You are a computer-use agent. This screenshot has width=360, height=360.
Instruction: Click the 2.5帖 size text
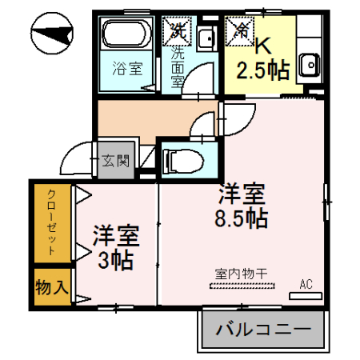pyautogui.click(x=262, y=70)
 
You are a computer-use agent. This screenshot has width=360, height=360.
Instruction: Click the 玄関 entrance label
pyautogui.click(x=117, y=161)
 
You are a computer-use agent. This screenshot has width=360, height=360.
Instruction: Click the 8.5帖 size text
pyautogui.click(x=240, y=218)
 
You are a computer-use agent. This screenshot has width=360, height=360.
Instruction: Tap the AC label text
pyautogui.click(x=305, y=284)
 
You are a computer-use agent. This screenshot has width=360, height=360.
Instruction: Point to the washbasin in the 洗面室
pyautogui.click(x=205, y=38)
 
